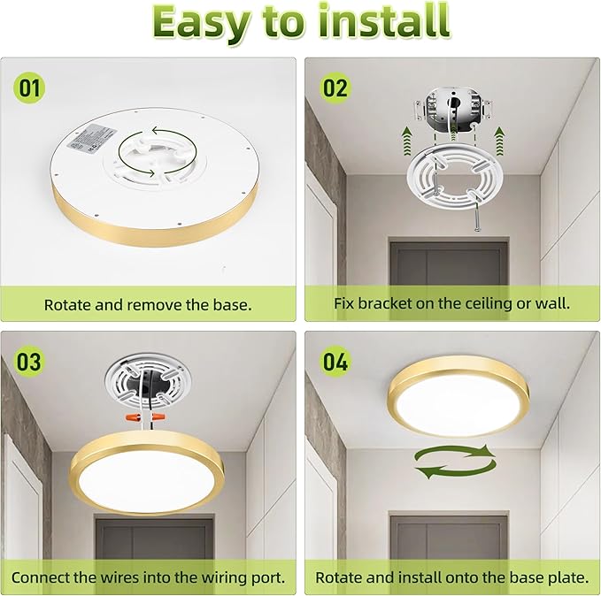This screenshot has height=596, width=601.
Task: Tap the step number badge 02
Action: click(335, 88)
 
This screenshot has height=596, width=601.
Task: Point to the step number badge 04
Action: click(335, 362)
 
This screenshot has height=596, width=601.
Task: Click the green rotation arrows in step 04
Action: click(453, 462)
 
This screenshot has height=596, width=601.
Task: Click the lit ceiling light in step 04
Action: click(458, 397)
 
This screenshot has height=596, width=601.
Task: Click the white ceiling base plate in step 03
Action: click(149, 382)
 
